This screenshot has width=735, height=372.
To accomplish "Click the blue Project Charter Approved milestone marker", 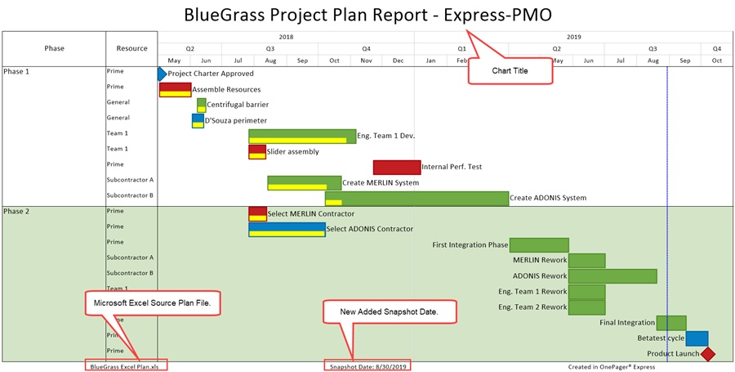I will [x=162, y=74].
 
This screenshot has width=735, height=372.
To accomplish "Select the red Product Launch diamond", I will [x=708, y=354].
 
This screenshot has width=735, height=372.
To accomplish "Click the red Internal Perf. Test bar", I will [x=397, y=167].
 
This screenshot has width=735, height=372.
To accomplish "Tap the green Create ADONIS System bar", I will [x=416, y=198].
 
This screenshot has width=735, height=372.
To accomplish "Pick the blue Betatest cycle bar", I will [x=697, y=338].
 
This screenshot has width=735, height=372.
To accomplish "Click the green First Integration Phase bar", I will [x=539, y=244].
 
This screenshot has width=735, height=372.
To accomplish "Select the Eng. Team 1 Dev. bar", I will [x=302, y=136].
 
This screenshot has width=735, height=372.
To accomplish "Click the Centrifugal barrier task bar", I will [x=201, y=105].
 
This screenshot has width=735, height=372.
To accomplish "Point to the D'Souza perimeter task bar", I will [x=198, y=120].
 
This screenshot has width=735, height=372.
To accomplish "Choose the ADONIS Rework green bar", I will [x=612, y=276].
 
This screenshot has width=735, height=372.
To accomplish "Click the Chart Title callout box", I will [x=510, y=71].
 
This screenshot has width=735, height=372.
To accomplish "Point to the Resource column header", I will [x=131, y=48].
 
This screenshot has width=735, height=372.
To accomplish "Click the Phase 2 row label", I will [x=16, y=211].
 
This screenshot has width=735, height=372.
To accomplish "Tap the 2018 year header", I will [x=286, y=37].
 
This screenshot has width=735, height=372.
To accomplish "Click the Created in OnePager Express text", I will [x=613, y=365].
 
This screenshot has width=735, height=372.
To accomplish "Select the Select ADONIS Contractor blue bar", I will [x=287, y=229].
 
